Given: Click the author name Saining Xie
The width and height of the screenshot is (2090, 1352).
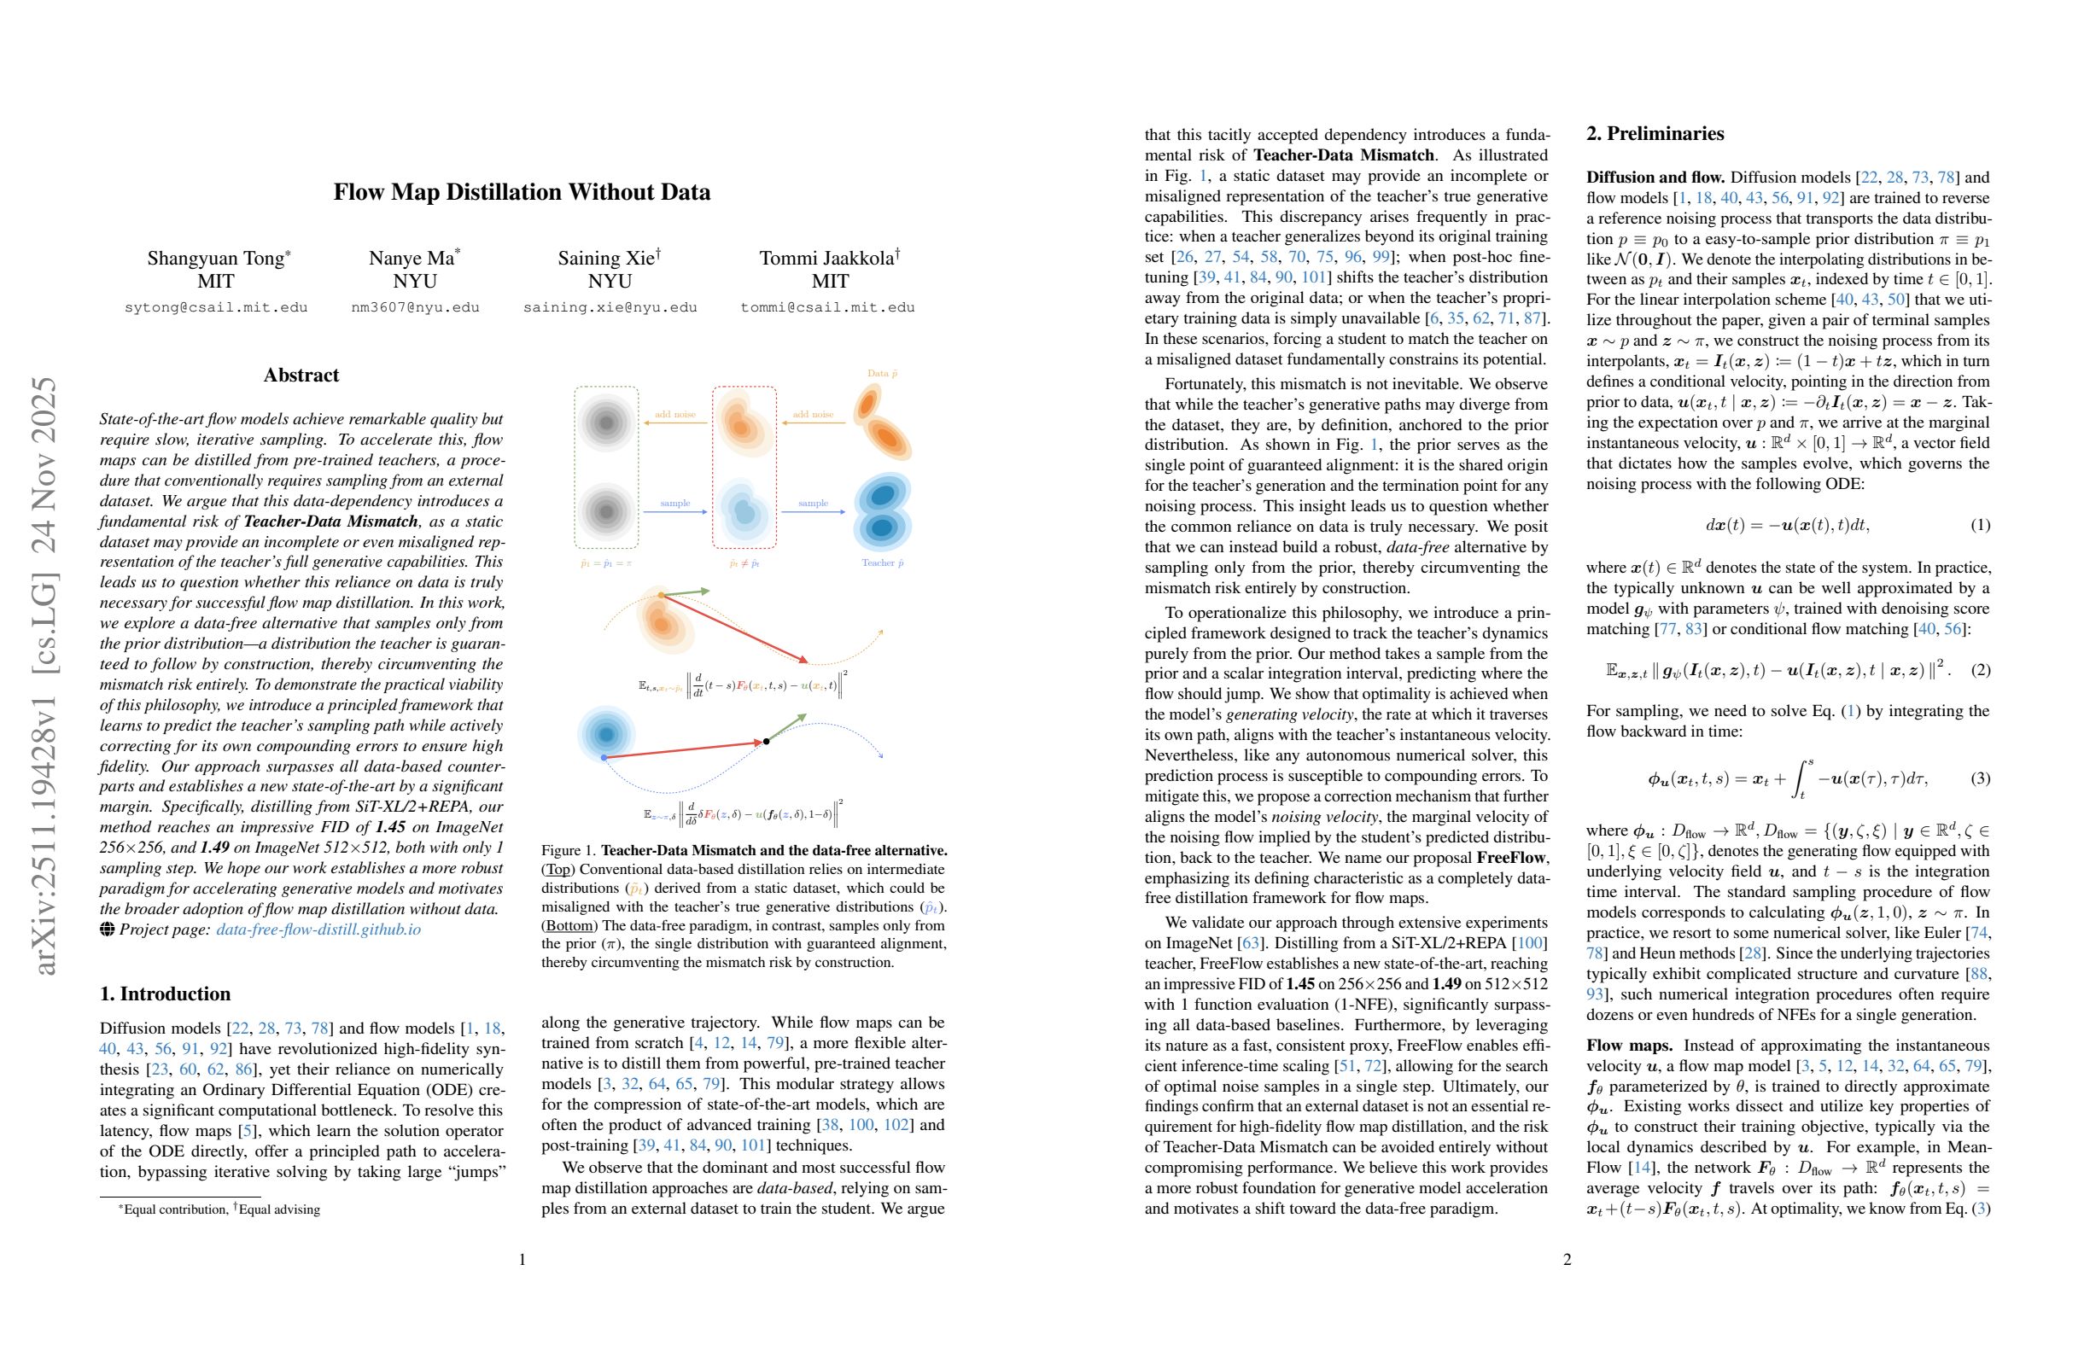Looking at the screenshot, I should click(606, 258).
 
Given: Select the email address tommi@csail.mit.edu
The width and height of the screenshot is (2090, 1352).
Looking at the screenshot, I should click(827, 307).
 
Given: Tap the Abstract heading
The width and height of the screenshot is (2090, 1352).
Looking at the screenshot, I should click(301, 375).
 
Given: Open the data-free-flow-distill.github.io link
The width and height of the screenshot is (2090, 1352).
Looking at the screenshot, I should click(318, 929).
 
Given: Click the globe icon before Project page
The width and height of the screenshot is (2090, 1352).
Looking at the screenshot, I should click(107, 929).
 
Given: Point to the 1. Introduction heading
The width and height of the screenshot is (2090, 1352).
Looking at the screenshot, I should click(165, 994).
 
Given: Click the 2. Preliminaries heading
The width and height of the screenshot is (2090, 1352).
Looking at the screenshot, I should click(1655, 133).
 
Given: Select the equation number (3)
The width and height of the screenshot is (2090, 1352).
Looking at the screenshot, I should click(1980, 778).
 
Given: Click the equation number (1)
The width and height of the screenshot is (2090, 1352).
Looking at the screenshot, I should click(1980, 525).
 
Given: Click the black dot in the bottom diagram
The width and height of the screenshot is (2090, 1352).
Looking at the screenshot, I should click(767, 742).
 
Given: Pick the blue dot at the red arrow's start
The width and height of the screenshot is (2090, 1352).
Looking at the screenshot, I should click(604, 757).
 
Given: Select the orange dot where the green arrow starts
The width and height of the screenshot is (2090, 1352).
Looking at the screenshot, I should click(662, 596).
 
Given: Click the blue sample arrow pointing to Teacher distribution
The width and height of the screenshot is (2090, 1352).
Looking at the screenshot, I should click(813, 511).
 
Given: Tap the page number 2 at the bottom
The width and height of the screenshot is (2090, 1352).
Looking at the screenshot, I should click(1567, 1260).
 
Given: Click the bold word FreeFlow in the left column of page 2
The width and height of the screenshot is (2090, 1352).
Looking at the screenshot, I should click(1510, 858).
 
